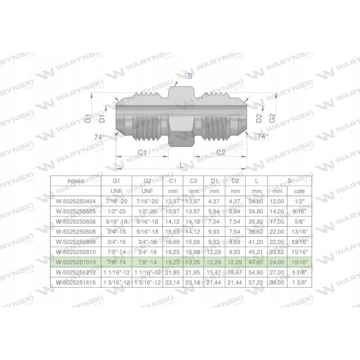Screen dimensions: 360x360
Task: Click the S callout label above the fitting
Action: click(x=189, y=76)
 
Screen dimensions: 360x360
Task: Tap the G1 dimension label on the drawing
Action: click(x=88, y=119)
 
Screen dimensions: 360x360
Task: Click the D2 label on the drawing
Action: click(x=258, y=118)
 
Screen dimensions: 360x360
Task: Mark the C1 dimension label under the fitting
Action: click(x=142, y=153)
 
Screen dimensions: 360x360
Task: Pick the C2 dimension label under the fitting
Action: click(x=220, y=153)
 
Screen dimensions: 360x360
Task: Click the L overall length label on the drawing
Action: click(x=181, y=165)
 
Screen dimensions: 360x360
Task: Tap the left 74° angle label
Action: click(x=99, y=137)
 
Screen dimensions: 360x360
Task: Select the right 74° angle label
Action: click(x=262, y=135)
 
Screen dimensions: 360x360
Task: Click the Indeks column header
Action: click(x=75, y=181)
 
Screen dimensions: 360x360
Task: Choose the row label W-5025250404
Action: click(x=75, y=202)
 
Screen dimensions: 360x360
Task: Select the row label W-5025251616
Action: click(x=75, y=282)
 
